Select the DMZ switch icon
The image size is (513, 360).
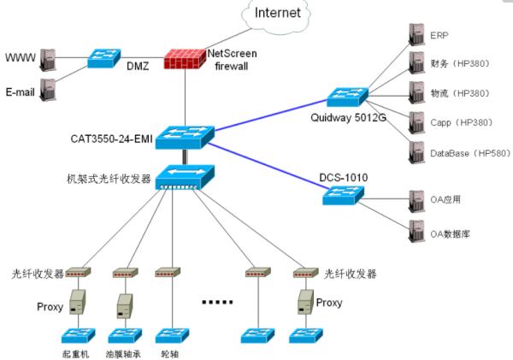(106, 58)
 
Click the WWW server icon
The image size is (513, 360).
(48, 59)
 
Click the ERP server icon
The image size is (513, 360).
(417, 36)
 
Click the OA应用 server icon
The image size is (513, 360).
(417, 200)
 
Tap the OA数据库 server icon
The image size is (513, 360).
(417, 230)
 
